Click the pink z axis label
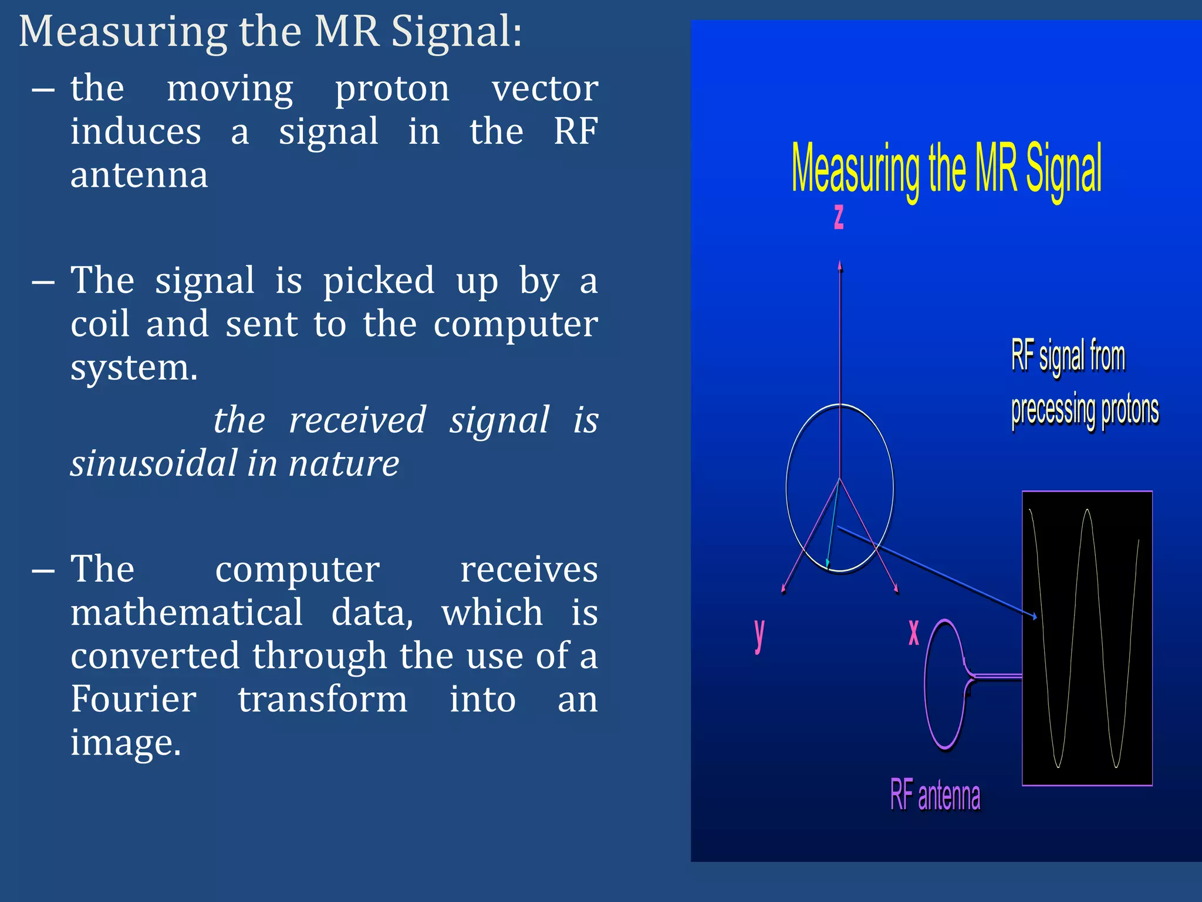point(839,217)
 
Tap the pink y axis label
point(759,635)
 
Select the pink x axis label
point(914,632)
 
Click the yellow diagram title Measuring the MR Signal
point(946,170)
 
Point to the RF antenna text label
point(935,795)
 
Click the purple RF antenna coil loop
point(943,685)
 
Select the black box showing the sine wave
point(1087,638)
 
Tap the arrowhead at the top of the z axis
point(840,265)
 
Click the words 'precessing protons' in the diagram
point(1085,410)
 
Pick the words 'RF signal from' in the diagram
point(1068,356)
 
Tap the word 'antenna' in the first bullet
point(139,175)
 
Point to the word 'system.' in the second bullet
point(134,368)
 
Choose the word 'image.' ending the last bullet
point(126,742)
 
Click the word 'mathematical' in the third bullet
point(187,612)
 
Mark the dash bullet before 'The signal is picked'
point(43,282)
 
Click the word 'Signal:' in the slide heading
point(456,32)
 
